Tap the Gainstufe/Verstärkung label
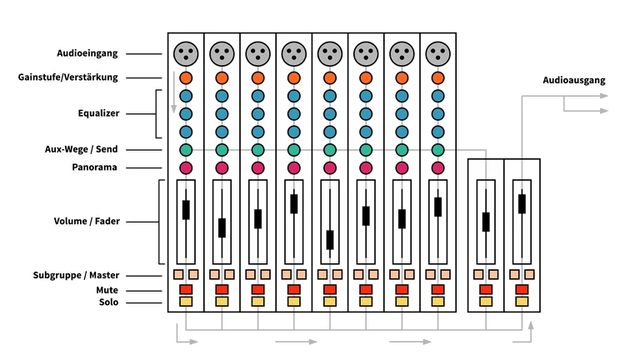[x=79, y=77]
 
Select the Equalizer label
[x=99, y=113]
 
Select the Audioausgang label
[x=573, y=81]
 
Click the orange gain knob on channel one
[x=186, y=78]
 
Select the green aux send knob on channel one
[x=186, y=150]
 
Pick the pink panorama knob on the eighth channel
[x=437, y=168]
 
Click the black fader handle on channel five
[x=330, y=239]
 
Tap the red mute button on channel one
[x=186, y=289]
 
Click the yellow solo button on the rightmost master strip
[x=522, y=302]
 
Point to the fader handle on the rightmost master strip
[x=522, y=203]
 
